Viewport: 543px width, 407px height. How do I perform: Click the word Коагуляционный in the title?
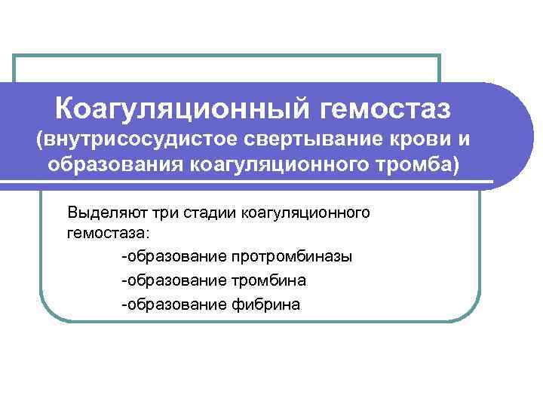pyautogui.click(x=182, y=109)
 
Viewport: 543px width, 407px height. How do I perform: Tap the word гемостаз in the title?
pyautogui.click(x=385, y=109)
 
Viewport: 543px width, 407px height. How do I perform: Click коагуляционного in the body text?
pyautogui.click(x=305, y=212)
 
